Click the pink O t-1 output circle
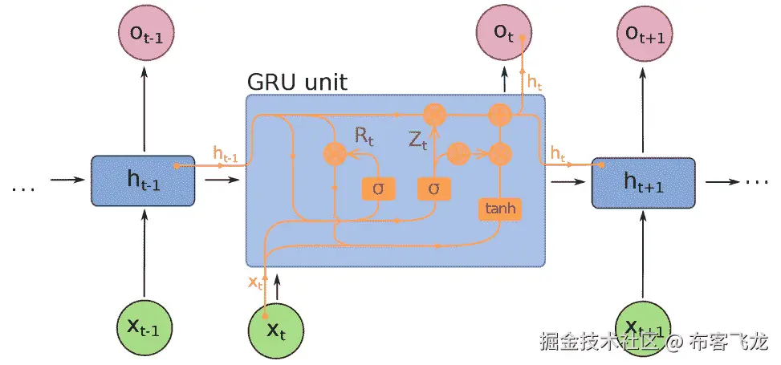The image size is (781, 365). click(x=144, y=34)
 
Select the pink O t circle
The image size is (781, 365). click(x=504, y=34)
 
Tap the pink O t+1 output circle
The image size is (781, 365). click(x=645, y=34)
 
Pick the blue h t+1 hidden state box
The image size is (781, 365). click(x=644, y=181)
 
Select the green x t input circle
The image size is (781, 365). click(x=275, y=326)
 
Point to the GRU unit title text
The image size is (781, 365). click(x=296, y=83)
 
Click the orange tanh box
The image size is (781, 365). click(x=499, y=209)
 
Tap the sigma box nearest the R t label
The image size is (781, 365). click(x=377, y=189)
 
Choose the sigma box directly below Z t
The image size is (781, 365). click(x=434, y=189)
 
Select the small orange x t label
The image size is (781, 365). click(x=255, y=282)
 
